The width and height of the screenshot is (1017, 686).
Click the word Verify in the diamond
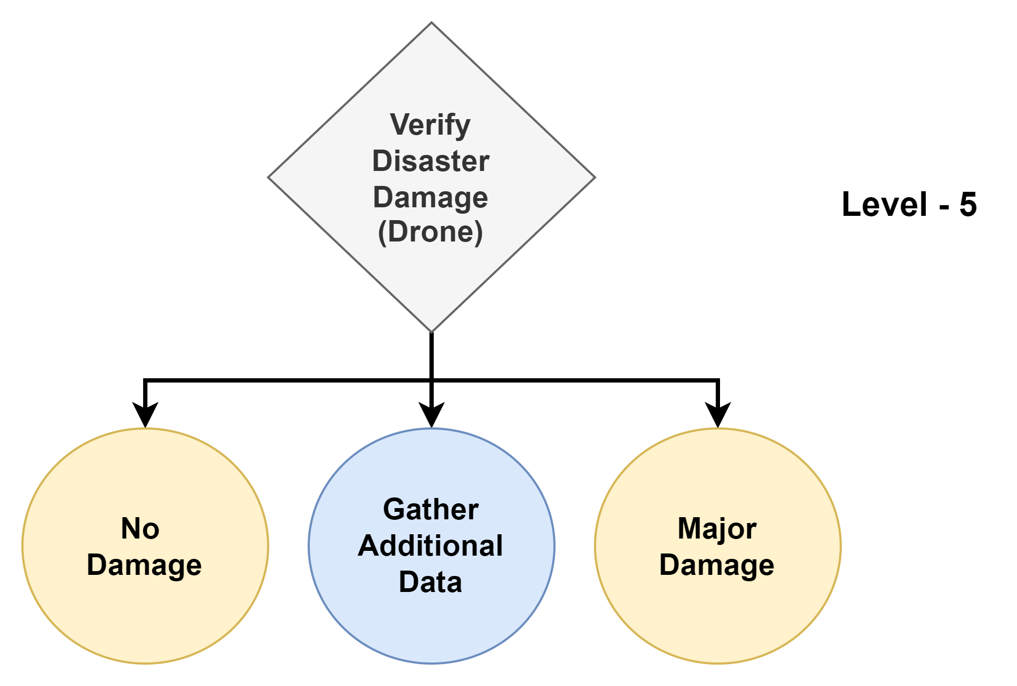[430, 125]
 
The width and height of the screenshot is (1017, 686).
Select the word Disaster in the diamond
[431, 161]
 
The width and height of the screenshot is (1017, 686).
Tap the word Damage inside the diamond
[431, 197]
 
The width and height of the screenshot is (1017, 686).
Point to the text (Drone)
[431, 232]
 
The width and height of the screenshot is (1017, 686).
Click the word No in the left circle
[140, 528]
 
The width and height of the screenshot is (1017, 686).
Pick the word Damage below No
[144, 565]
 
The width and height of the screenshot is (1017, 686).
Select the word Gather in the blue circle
[431, 509]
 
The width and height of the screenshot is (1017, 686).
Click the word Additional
[431, 545]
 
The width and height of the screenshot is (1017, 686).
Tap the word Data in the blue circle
[431, 582]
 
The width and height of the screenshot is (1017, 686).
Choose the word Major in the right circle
[717, 528]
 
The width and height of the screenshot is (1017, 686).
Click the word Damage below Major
[717, 565]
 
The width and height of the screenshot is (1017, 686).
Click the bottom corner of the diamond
[432, 331]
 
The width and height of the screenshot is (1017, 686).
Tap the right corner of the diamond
[594, 177]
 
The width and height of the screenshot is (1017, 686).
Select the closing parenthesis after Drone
[479, 232]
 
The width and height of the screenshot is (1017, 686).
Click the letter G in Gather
[395, 509]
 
